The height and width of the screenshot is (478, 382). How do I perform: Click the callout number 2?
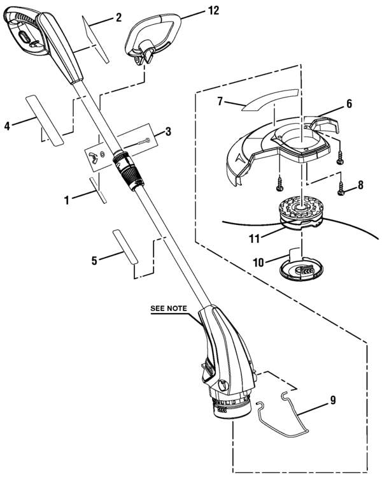pos(118,18)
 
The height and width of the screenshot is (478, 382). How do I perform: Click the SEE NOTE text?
pos(169,308)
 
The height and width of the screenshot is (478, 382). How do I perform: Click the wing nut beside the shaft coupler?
pos(99,155)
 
